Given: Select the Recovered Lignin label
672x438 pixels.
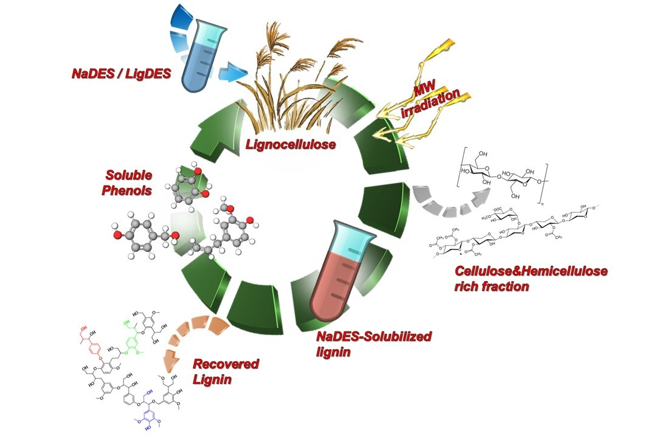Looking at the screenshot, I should click(226, 372).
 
